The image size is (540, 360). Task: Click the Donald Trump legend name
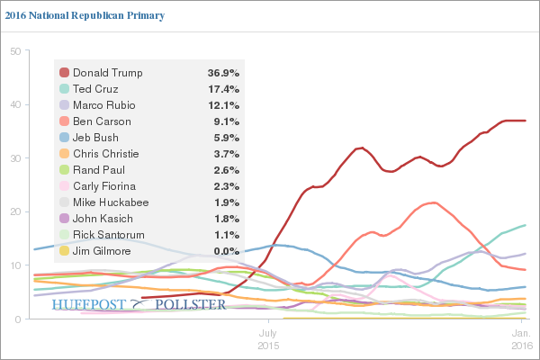point(108,73)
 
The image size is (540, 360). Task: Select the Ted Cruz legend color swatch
point(64,89)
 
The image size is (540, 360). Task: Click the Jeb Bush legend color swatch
point(64,138)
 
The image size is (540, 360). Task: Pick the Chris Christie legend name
point(105,154)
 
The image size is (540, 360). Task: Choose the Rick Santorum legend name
point(108,235)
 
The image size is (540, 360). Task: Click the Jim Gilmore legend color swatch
point(64,251)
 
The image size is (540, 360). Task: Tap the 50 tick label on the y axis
point(15,51)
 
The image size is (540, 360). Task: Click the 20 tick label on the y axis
point(15,212)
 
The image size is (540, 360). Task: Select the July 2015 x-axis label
point(268,338)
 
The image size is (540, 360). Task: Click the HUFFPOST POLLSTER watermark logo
point(139,305)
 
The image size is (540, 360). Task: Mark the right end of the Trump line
point(526,121)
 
